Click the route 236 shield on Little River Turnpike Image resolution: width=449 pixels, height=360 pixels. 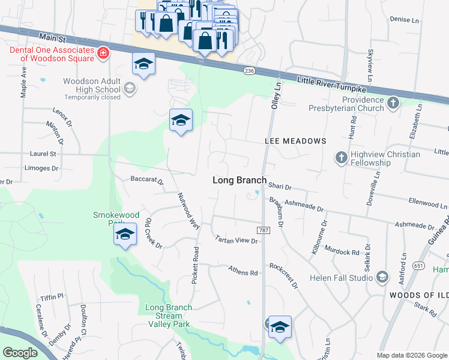[x=249, y=71]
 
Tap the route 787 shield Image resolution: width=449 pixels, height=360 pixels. [x=263, y=230]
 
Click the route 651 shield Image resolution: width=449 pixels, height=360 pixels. [x=418, y=265]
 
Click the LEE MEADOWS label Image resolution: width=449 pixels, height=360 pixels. [x=295, y=140]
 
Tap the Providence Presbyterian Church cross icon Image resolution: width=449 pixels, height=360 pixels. [x=393, y=103]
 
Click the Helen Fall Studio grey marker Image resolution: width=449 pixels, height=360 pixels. [x=382, y=277]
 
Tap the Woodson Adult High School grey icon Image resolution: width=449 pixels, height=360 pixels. [x=128, y=89]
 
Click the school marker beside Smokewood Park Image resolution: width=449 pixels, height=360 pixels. [x=125, y=235]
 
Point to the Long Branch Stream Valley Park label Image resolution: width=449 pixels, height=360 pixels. [x=169, y=316]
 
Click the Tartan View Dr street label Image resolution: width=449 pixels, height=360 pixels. [x=237, y=240]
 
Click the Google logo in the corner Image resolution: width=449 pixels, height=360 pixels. [x=20, y=353]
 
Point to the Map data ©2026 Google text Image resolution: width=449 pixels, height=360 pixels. [x=412, y=355]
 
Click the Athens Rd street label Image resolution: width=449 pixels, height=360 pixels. [x=243, y=272]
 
